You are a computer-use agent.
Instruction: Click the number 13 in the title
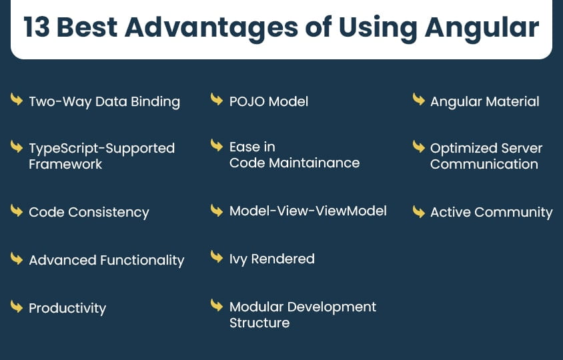(x=36, y=27)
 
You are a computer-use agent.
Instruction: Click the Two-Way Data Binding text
(x=104, y=102)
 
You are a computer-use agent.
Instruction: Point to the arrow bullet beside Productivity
(x=17, y=307)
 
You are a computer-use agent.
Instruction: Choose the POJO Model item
(x=268, y=102)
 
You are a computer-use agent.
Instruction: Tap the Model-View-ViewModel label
(x=308, y=211)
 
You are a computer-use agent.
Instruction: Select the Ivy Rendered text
(x=271, y=259)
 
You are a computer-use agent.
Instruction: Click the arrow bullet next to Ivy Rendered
(x=217, y=257)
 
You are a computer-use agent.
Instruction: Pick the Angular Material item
(x=484, y=102)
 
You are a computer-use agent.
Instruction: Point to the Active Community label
(x=491, y=213)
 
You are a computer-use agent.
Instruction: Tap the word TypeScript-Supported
(x=101, y=149)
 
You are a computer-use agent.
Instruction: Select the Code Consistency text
(x=89, y=213)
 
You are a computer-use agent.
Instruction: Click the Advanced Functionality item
(x=106, y=260)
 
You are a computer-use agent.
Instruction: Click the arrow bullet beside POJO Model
(x=217, y=100)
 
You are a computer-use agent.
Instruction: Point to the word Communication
(x=484, y=165)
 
